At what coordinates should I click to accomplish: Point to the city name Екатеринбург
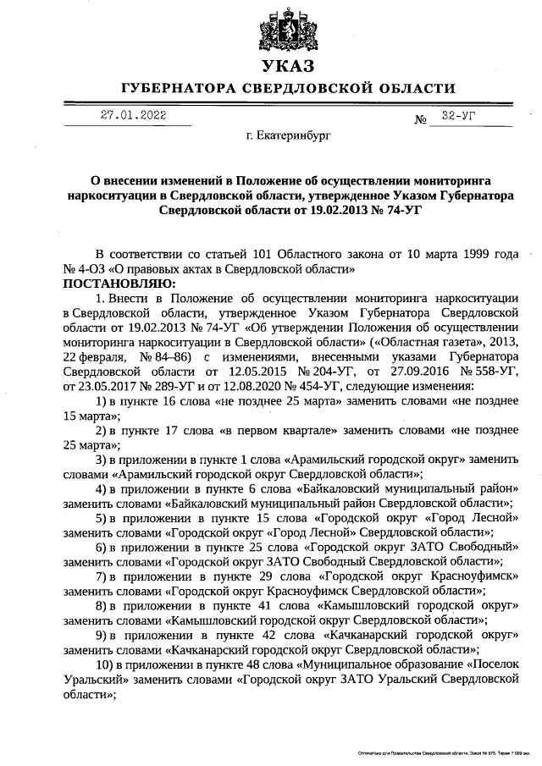click(288, 135)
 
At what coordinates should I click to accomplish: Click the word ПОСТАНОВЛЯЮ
click(118, 282)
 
